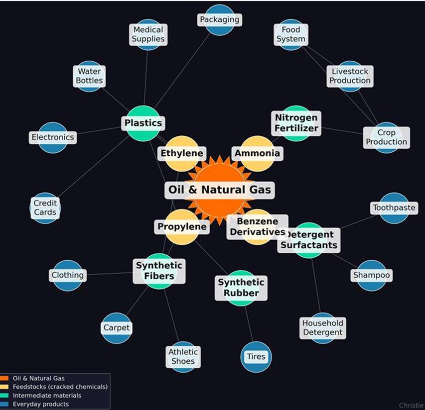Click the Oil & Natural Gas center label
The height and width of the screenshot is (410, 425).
pyautogui.click(x=219, y=190)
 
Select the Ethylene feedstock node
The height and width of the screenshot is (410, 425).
pyautogui.click(x=181, y=153)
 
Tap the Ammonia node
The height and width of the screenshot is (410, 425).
pyautogui.click(x=257, y=153)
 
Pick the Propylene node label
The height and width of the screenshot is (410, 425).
pyautogui.click(x=181, y=227)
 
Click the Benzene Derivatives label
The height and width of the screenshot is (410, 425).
pyautogui.click(x=257, y=227)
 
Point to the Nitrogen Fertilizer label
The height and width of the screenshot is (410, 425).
pyautogui.click(x=296, y=123)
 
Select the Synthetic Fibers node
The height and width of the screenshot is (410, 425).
pyautogui.click(x=159, y=271)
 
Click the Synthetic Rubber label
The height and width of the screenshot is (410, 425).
pyautogui.click(x=241, y=288)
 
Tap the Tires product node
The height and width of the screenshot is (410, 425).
pyautogui.click(x=256, y=357)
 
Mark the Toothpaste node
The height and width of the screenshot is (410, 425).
pyautogui.click(x=394, y=207)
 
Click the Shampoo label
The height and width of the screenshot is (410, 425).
pyautogui.click(x=371, y=275)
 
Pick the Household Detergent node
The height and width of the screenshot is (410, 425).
pyautogui.click(x=322, y=327)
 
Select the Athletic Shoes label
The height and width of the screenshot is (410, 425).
pyautogui.click(x=183, y=356)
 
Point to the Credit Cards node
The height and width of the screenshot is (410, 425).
pyautogui.click(x=45, y=208)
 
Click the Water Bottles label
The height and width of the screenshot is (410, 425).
pyautogui.click(x=90, y=76)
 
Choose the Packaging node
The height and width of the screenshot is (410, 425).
pyautogui.click(x=219, y=20)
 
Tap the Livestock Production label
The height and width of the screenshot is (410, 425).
pyautogui.click(x=350, y=76)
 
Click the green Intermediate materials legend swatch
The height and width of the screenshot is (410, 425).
pyautogui.click(x=4, y=396)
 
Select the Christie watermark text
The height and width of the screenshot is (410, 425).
pyautogui.click(x=411, y=406)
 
